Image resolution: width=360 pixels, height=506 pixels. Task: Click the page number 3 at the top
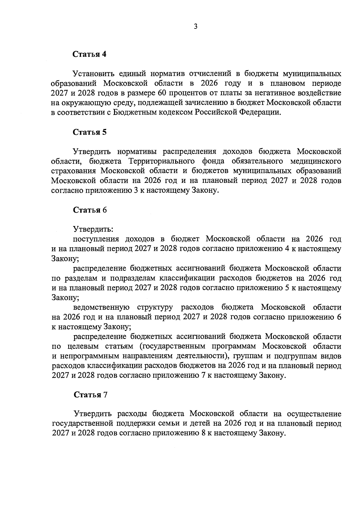pyautogui.click(x=195, y=27)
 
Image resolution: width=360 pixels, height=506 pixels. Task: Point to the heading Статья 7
pyautogui.click(x=90, y=395)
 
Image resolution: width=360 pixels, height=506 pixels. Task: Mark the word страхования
pyautogui.click(x=73, y=171)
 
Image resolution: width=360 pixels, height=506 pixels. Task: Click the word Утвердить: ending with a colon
pyautogui.click(x=93, y=230)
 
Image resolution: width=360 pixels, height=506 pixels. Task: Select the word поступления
pyautogui.click(x=96, y=239)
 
